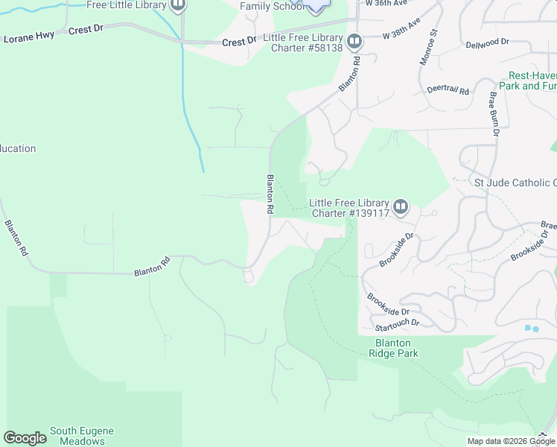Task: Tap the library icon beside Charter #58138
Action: (x=354, y=42)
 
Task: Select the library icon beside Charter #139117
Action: (x=401, y=206)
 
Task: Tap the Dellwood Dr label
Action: (x=487, y=44)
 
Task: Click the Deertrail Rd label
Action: (x=448, y=90)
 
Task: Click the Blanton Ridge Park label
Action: (x=393, y=348)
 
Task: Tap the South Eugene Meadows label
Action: (x=82, y=436)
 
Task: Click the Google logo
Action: (x=25, y=438)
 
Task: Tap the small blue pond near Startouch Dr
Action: (x=532, y=328)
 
